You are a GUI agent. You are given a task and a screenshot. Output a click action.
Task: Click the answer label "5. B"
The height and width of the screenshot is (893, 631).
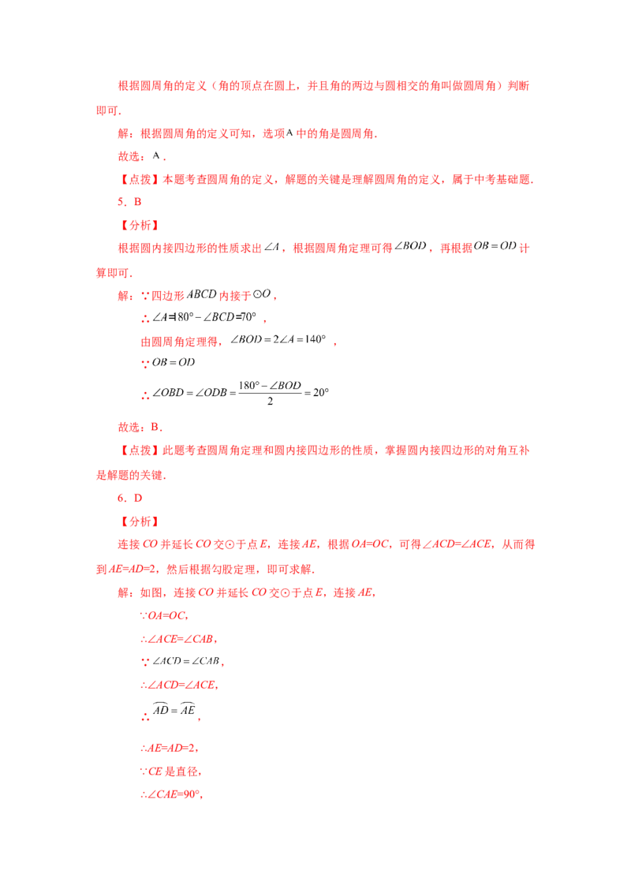[129, 202]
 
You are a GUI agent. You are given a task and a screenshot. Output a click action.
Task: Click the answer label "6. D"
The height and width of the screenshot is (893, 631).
[129, 498]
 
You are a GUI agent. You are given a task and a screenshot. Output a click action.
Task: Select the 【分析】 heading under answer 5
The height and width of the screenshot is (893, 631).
[140, 225]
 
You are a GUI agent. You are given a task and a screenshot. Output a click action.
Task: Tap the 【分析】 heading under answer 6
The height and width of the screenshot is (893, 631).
[140, 521]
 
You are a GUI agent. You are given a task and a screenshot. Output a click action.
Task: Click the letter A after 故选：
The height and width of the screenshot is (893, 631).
[156, 155]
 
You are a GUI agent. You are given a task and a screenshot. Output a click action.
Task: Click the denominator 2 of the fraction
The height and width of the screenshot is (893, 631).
[270, 402]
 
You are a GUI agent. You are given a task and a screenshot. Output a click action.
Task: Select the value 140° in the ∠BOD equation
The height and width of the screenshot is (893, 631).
[315, 339]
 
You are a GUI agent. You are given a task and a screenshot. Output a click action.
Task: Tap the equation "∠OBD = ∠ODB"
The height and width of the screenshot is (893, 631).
[189, 392]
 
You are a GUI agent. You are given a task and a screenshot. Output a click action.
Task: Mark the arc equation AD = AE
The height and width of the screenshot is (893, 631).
[174, 710]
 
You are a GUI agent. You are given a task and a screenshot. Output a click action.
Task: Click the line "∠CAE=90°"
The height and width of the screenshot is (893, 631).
[173, 794]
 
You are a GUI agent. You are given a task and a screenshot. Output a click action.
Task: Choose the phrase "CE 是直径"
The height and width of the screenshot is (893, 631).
[170, 772]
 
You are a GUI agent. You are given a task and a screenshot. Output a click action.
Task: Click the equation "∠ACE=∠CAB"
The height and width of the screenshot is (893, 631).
[178, 639]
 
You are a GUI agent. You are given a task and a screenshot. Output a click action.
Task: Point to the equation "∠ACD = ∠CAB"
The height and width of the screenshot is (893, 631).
[186, 661]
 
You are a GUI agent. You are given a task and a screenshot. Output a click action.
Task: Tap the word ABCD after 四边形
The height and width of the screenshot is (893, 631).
[202, 294]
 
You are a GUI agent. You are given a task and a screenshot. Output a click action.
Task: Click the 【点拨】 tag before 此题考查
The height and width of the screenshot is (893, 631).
[140, 450]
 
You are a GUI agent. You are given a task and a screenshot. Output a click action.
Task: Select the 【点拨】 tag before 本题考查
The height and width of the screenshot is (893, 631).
[140, 179]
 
